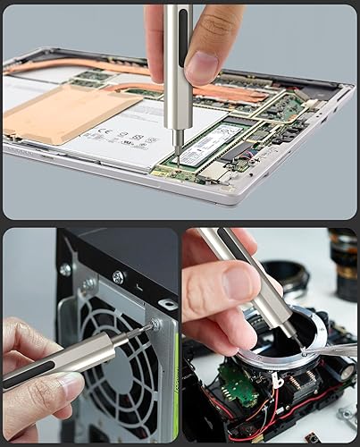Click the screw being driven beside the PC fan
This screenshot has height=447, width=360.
tap(156, 325)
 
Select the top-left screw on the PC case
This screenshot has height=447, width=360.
tap(66, 269)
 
